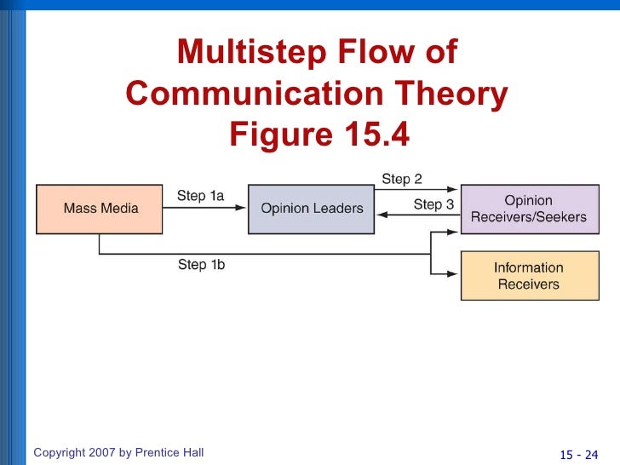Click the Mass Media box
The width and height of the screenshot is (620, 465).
[99, 209]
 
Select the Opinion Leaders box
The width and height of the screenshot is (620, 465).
[312, 209]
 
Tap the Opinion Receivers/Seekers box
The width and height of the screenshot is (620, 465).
[529, 209]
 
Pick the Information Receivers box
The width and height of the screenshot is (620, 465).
[529, 275]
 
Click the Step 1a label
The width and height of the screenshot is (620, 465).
[201, 196]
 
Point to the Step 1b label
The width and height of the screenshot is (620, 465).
[202, 265]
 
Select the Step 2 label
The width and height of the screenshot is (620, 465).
[402, 179]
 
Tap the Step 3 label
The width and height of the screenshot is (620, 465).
[433, 204]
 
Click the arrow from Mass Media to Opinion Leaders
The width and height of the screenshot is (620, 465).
[204, 209]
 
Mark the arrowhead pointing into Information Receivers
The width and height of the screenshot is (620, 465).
[455, 273]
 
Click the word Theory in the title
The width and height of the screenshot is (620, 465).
[456, 94]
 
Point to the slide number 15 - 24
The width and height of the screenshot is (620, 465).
[578, 453]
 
